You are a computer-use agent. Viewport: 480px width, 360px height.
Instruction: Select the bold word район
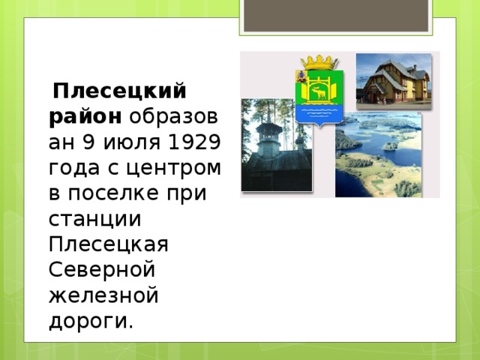(x=84, y=118)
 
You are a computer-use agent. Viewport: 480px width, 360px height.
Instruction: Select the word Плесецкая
(x=108, y=245)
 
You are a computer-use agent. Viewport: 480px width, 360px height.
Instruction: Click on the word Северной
(x=101, y=271)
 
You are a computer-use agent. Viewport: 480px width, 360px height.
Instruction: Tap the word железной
(x=103, y=296)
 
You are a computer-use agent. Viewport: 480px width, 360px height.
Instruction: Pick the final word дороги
(x=91, y=322)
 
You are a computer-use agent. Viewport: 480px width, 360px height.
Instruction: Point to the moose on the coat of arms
(x=320, y=93)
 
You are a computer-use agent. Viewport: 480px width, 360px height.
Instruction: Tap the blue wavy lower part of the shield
(x=320, y=113)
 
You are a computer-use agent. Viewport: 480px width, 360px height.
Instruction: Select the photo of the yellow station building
(x=392, y=78)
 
